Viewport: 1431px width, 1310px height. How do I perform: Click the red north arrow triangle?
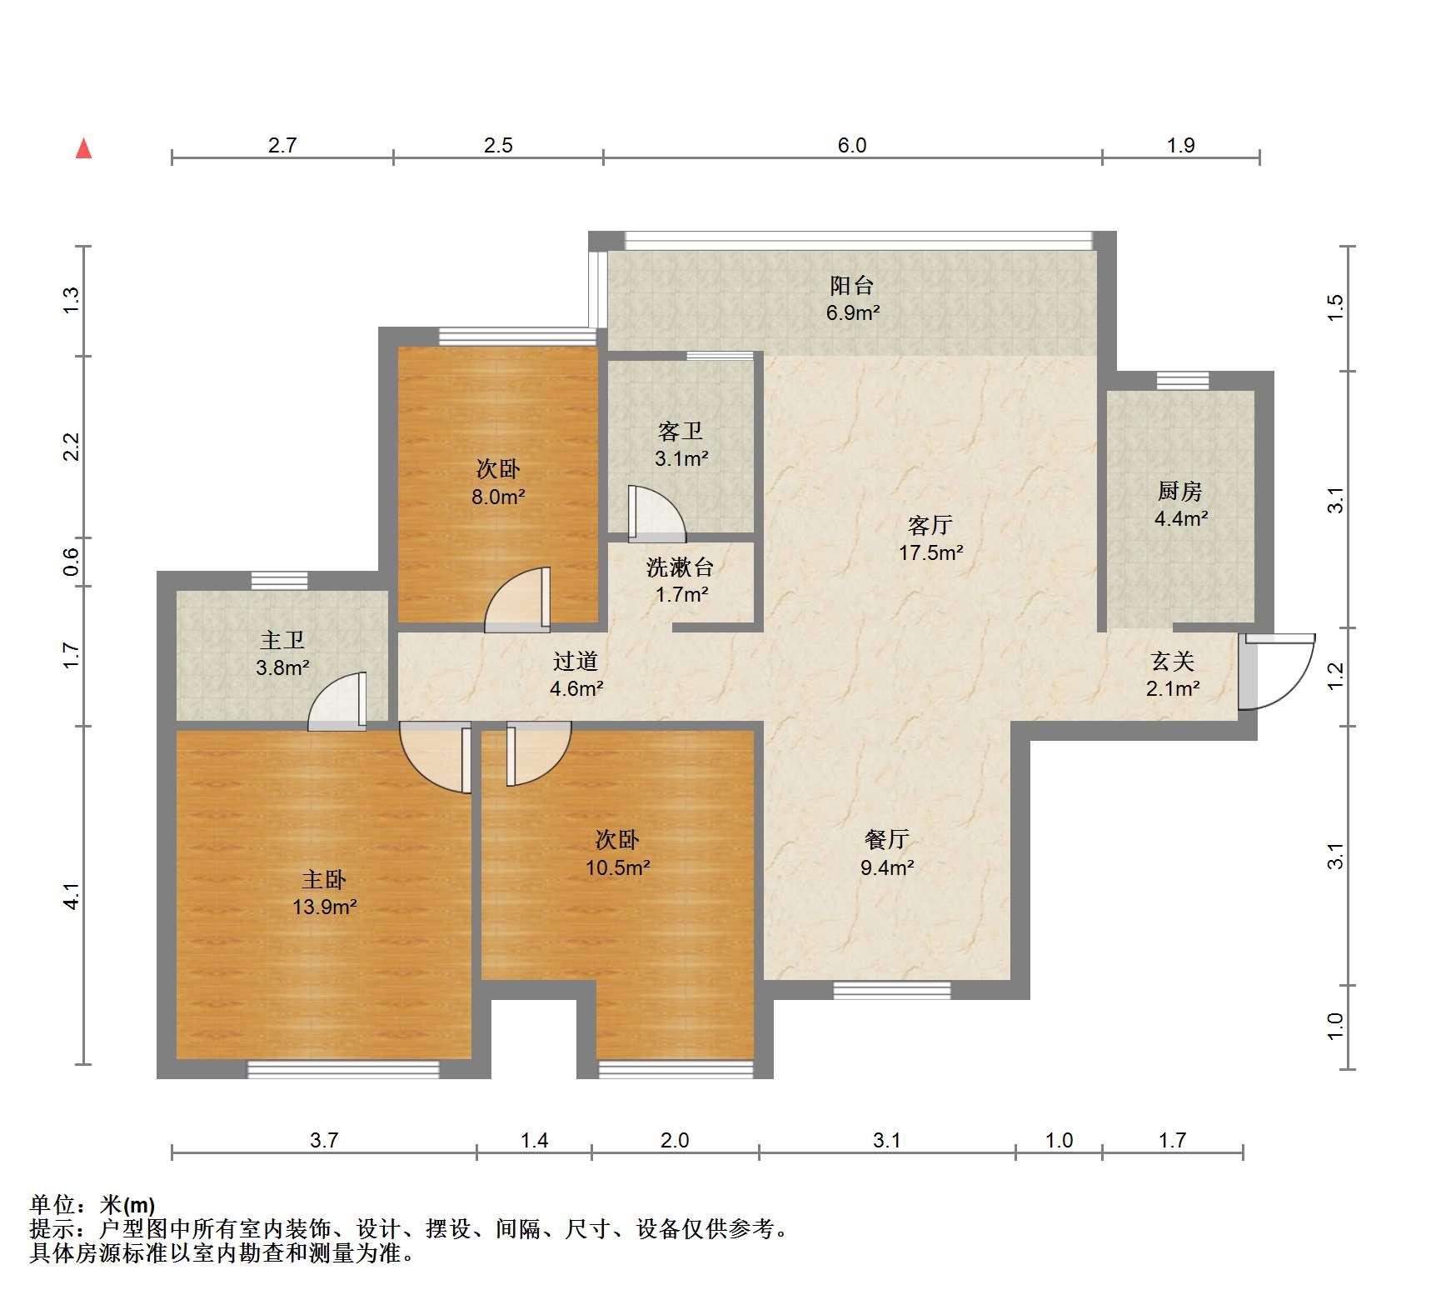click(83, 148)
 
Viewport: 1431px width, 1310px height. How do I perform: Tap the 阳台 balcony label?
click(852, 286)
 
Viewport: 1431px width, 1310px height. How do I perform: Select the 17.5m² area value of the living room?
click(931, 552)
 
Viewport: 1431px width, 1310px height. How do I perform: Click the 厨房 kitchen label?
click(1180, 492)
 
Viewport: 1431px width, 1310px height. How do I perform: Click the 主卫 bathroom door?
click(337, 702)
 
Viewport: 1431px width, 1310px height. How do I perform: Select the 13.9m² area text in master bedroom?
click(325, 907)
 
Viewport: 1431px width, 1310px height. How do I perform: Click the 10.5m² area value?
click(617, 867)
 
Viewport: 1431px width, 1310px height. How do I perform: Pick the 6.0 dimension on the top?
click(852, 146)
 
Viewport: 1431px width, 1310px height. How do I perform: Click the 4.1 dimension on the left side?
click(72, 896)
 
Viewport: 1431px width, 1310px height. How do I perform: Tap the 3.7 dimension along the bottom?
click(324, 1140)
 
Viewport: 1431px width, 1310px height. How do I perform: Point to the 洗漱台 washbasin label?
click(681, 567)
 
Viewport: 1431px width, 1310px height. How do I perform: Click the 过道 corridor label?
click(576, 662)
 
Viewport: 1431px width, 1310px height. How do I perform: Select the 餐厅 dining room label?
click(886, 839)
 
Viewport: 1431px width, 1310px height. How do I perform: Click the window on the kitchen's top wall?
click(1183, 381)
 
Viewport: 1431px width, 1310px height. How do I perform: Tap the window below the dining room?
click(892, 989)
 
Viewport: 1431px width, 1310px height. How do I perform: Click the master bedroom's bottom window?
click(343, 1069)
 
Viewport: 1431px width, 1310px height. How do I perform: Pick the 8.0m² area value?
click(498, 497)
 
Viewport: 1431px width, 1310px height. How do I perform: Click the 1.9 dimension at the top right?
click(1181, 146)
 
